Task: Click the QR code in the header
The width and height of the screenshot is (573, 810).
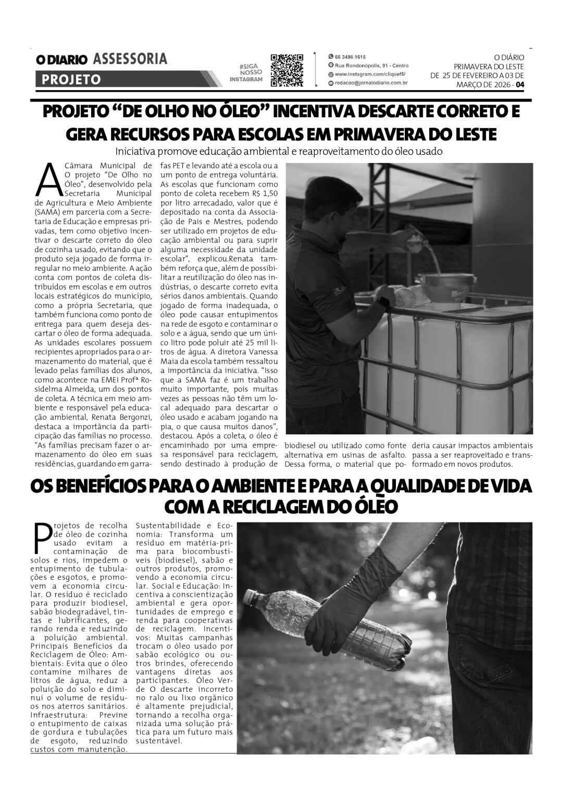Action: [287, 70]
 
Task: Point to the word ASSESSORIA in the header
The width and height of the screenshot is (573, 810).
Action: [130, 59]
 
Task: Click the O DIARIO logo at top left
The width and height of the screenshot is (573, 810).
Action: [62, 60]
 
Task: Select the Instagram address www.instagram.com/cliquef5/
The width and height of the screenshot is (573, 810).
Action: [370, 74]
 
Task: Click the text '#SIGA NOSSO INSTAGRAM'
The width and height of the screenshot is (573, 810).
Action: [246, 73]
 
